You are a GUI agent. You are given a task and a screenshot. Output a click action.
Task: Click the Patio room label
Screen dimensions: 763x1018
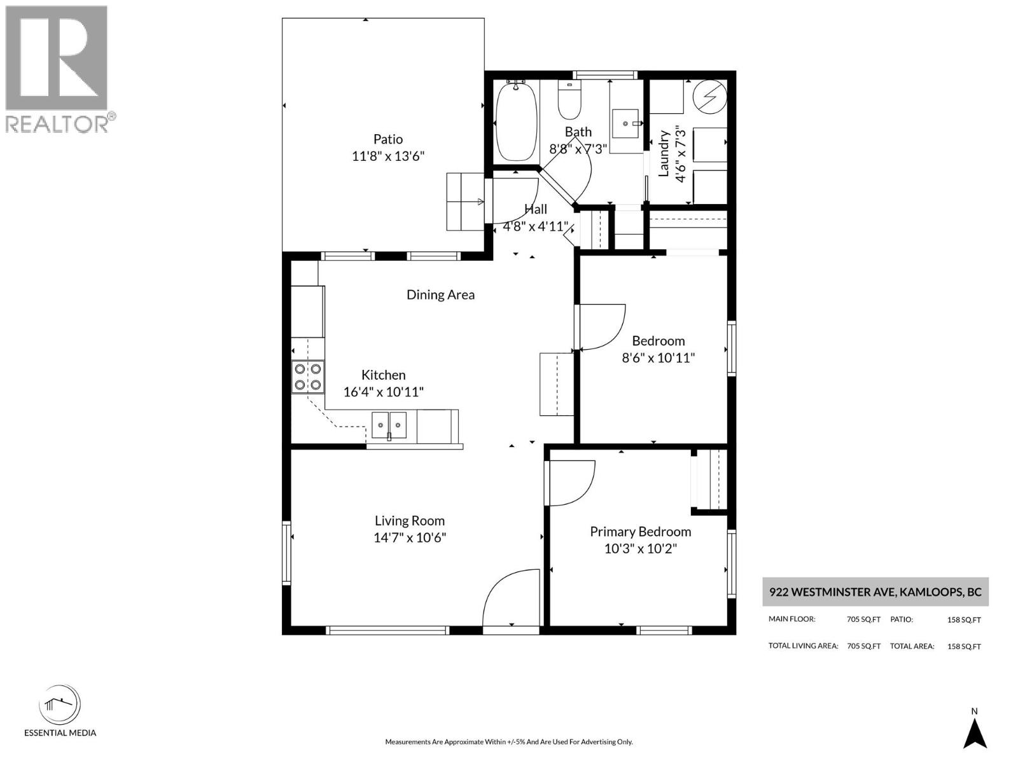click(387, 139)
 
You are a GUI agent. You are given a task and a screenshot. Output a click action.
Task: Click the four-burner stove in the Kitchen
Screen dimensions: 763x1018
click(308, 376)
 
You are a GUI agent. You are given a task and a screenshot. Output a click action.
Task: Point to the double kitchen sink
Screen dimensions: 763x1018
click(389, 424)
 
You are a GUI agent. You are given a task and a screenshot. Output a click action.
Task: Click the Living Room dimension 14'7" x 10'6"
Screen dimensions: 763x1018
click(410, 538)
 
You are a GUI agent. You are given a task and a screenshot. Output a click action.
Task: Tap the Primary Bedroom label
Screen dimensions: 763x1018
click(640, 532)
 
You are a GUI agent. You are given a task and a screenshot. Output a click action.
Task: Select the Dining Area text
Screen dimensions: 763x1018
click(440, 294)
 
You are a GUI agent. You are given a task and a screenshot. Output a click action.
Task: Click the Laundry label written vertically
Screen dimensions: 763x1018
click(664, 153)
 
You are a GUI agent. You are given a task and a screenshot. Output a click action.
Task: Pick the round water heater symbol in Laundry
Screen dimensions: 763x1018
click(710, 97)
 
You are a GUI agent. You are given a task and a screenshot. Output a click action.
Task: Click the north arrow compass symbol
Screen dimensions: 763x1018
click(974, 732)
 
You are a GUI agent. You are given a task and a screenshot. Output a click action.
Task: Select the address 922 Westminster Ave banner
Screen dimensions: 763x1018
click(875, 592)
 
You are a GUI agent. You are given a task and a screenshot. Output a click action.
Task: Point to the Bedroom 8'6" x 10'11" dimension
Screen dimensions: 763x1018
click(658, 358)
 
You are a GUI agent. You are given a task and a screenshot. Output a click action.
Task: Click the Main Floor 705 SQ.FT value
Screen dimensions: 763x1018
click(863, 619)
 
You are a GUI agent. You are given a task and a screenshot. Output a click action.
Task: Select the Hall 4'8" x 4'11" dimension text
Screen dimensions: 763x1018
click(535, 226)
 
